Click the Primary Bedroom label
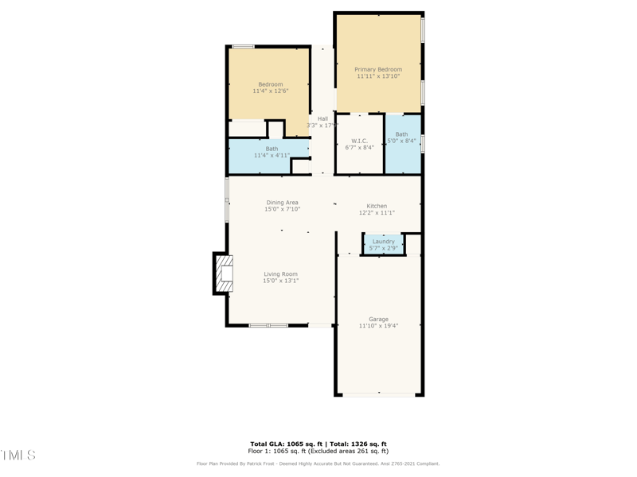(378, 69)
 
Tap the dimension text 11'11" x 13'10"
(378, 76)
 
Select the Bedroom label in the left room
(270, 84)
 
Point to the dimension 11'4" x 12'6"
(270, 91)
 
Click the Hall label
(322, 118)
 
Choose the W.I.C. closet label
(359, 141)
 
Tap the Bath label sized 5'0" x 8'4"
(401, 134)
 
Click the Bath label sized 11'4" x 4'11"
(272, 149)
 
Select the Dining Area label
(283, 203)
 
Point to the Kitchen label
(377, 206)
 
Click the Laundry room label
(383, 242)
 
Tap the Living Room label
(281, 274)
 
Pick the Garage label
(378, 319)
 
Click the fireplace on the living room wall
(224, 273)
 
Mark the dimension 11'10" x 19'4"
(378, 326)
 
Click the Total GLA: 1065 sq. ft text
(285, 444)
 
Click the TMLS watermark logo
(18, 455)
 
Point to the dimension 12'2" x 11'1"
(377, 213)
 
